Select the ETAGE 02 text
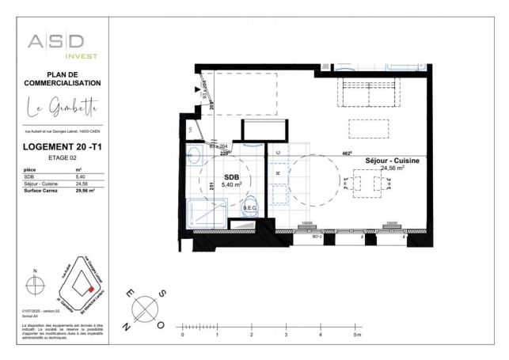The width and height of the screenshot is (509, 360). point(61,158)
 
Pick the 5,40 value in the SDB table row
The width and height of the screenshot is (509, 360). point(78,176)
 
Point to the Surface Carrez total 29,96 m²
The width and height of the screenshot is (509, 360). point(79,191)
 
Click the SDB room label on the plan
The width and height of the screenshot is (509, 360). point(231,177)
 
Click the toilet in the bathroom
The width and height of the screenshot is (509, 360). point(253,205)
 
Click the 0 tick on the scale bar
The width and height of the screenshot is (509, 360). point(183,326)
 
